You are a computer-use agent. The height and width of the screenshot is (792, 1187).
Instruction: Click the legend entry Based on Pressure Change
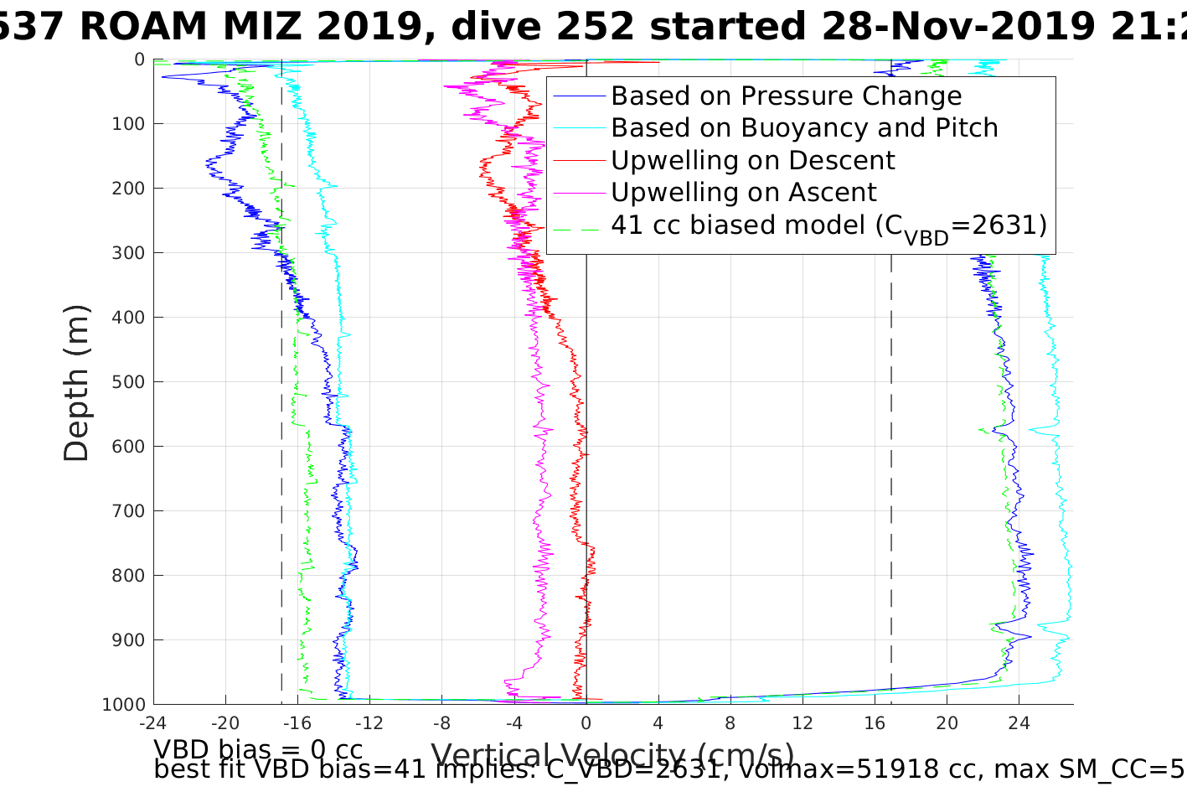coord(786,96)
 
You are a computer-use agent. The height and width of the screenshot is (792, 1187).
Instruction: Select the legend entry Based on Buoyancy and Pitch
coord(804,128)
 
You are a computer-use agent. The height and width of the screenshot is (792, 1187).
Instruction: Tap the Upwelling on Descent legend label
coord(752,160)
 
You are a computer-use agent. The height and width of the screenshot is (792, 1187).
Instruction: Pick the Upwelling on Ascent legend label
coord(743,192)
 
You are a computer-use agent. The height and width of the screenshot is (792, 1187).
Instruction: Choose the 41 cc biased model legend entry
coord(828,225)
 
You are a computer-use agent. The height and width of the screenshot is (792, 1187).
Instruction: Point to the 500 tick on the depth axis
coord(126,382)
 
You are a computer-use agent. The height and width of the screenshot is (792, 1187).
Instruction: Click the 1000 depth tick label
coord(122,705)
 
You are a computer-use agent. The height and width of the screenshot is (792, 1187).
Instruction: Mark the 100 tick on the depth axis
coord(126,124)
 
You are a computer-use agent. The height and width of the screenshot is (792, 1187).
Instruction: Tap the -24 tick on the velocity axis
coord(152,722)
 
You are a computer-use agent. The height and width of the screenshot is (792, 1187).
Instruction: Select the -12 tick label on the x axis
coord(369,722)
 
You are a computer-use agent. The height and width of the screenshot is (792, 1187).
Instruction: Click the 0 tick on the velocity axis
coord(586,722)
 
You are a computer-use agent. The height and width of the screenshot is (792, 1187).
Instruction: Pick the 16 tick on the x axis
coord(875,722)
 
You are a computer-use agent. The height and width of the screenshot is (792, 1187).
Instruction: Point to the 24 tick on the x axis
coord(1019,722)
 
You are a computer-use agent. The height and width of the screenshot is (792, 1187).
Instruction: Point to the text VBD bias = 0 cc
coord(258,749)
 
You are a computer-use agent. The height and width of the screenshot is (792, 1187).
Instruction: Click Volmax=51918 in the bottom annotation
coord(824,769)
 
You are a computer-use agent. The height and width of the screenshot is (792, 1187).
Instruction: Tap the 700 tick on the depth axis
coord(126,511)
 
